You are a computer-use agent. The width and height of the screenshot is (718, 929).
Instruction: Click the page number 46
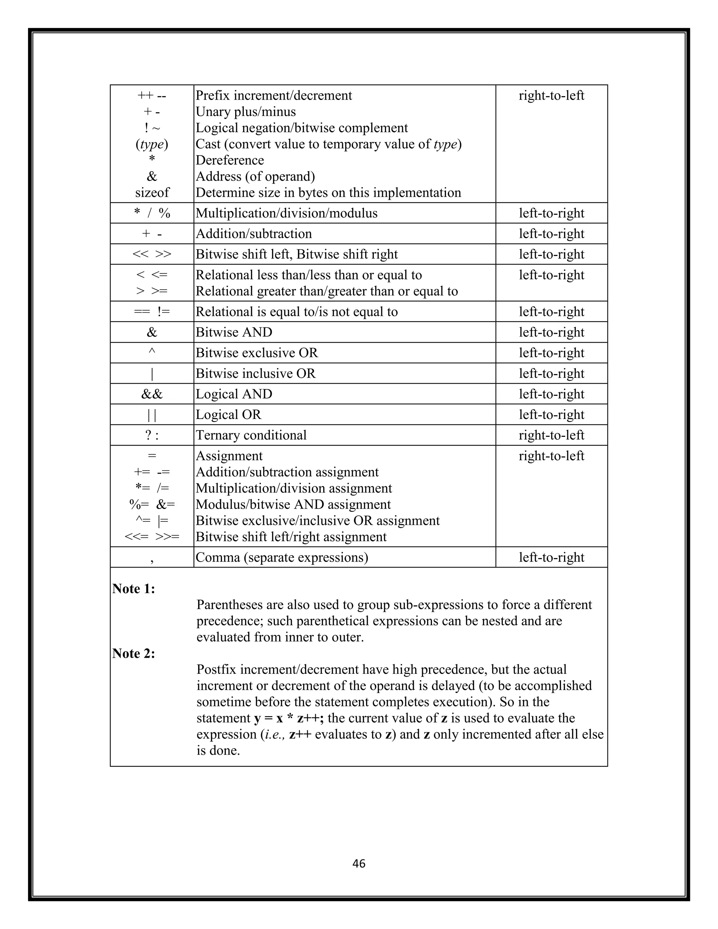click(x=359, y=863)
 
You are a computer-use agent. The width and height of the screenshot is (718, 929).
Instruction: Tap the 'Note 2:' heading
click(x=134, y=653)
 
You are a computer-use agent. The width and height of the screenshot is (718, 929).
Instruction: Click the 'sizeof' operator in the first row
click(x=152, y=193)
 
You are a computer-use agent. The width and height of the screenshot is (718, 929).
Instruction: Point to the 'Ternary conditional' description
click(x=251, y=435)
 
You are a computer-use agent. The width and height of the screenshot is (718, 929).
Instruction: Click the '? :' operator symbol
click(x=152, y=435)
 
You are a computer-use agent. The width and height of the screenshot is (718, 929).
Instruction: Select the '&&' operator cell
click(x=152, y=394)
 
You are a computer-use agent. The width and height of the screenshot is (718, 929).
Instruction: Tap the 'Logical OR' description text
click(x=229, y=415)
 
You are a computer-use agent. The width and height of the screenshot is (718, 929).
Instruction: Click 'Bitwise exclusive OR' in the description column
click(x=257, y=353)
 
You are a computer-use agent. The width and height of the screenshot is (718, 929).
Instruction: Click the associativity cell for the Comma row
click(x=551, y=557)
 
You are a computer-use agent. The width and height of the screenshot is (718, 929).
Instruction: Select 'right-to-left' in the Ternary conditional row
click(x=551, y=435)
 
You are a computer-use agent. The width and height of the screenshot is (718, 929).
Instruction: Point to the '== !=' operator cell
click(x=152, y=312)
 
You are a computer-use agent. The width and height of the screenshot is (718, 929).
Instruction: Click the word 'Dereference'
click(x=230, y=160)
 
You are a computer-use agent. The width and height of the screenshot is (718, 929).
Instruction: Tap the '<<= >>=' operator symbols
click(x=152, y=537)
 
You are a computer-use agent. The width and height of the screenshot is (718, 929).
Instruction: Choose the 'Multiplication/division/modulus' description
click(x=286, y=213)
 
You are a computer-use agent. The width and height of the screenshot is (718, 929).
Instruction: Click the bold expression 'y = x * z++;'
click(x=289, y=718)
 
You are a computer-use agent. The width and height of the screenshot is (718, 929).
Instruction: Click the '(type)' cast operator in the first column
click(x=152, y=145)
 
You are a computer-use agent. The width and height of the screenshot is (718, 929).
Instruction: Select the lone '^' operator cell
click(x=152, y=352)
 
